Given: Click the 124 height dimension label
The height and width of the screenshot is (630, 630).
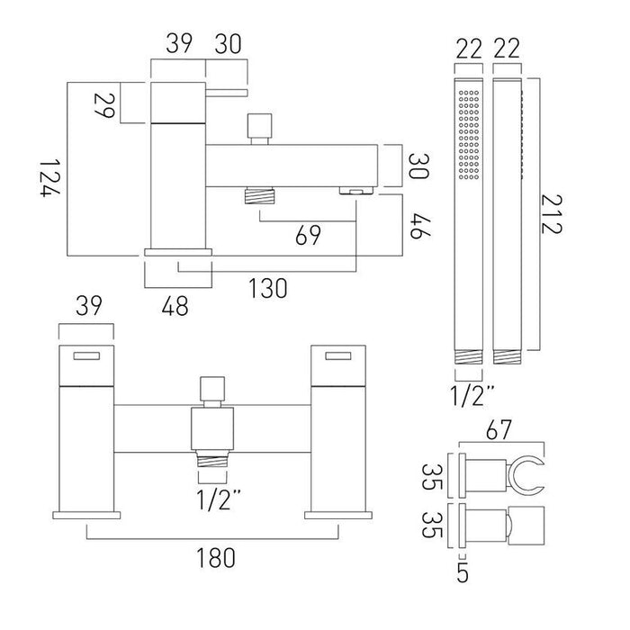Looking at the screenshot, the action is pyautogui.click(x=49, y=178).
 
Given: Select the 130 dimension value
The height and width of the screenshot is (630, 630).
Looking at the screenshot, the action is pyautogui.click(x=268, y=288).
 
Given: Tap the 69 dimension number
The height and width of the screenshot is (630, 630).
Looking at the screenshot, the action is pyautogui.click(x=308, y=235).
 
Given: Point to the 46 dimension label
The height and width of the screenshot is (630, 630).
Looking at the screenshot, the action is pyautogui.click(x=420, y=227).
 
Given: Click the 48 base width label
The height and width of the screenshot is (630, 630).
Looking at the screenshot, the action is pyautogui.click(x=175, y=306).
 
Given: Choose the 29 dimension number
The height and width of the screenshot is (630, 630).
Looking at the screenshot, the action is pyautogui.click(x=104, y=105).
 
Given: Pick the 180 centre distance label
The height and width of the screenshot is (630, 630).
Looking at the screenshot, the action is pyautogui.click(x=215, y=558).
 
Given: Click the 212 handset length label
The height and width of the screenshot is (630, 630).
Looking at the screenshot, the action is pyautogui.click(x=551, y=214).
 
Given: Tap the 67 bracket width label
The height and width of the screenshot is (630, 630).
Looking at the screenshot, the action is pyautogui.click(x=499, y=429).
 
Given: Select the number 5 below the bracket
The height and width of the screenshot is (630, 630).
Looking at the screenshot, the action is pyautogui.click(x=463, y=573).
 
